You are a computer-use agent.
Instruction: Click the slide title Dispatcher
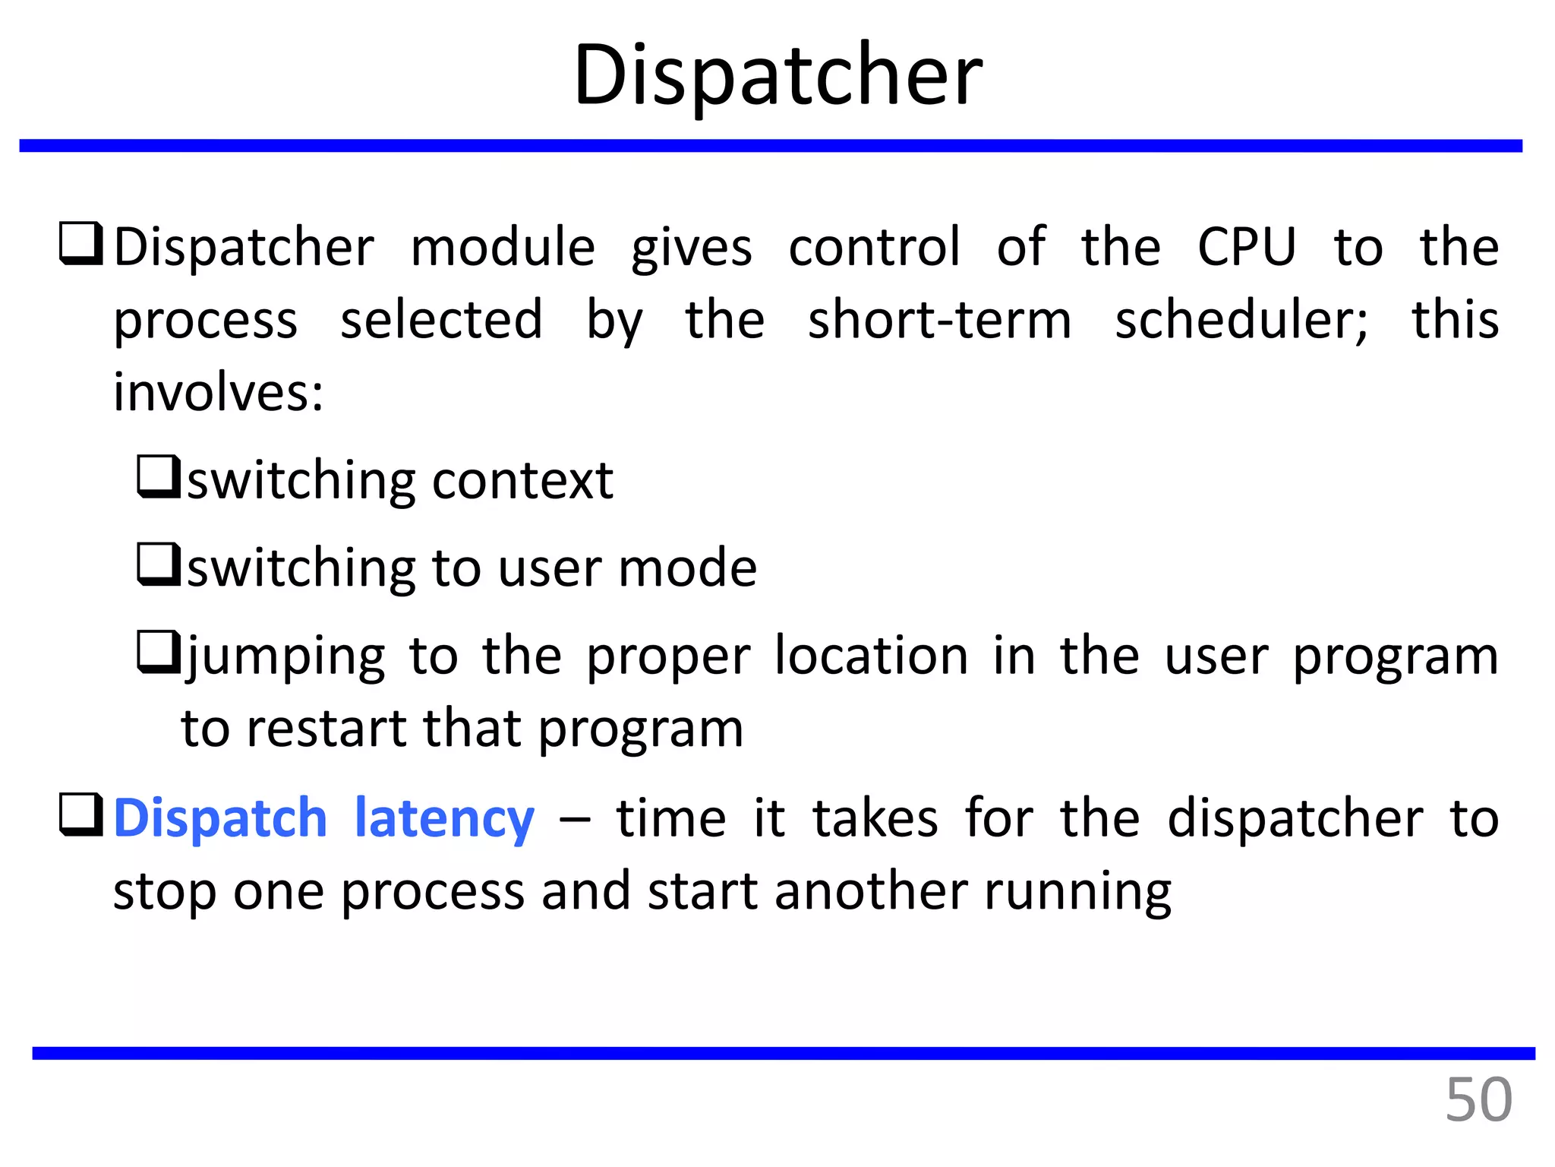pyautogui.click(x=777, y=74)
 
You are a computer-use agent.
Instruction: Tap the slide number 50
pyautogui.click(x=1478, y=1099)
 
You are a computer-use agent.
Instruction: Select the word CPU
pyautogui.click(x=1247, y=247)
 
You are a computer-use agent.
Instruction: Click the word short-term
pyautogui.click(x=939, y=320)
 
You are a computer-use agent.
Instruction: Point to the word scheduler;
pyautogui.click(x=1241, y=320)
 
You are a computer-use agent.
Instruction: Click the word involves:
pyautogui.click(x=219, y=393)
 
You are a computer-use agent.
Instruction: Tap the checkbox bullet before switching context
pyautogui.click(x=159, y=476)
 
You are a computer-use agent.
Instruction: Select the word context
pyautogui.click(x=522, y=481)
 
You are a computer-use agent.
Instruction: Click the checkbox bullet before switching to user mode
pyautogui.click(x=159, y=564)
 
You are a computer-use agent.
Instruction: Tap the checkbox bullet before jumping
pyautogui.click(x=159, y=652)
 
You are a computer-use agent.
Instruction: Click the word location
pyautogui.click(x=871, y=656)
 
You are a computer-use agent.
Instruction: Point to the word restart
pyautogui.click(x=327, y=729)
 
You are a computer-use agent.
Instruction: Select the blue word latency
pyautogui.click(x=445, y=819)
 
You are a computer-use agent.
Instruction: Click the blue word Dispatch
pyautogui.click(x=220, y=819)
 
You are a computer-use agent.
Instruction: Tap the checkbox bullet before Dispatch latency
pyautogui.click(x=81, y=814)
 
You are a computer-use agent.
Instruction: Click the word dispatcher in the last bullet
pyautogui.click(x=1295, y=819)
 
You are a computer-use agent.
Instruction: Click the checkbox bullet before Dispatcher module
pyautogui.click(x=81, y=243)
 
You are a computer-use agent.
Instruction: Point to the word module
pyautogui.click(x=503, y=247)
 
